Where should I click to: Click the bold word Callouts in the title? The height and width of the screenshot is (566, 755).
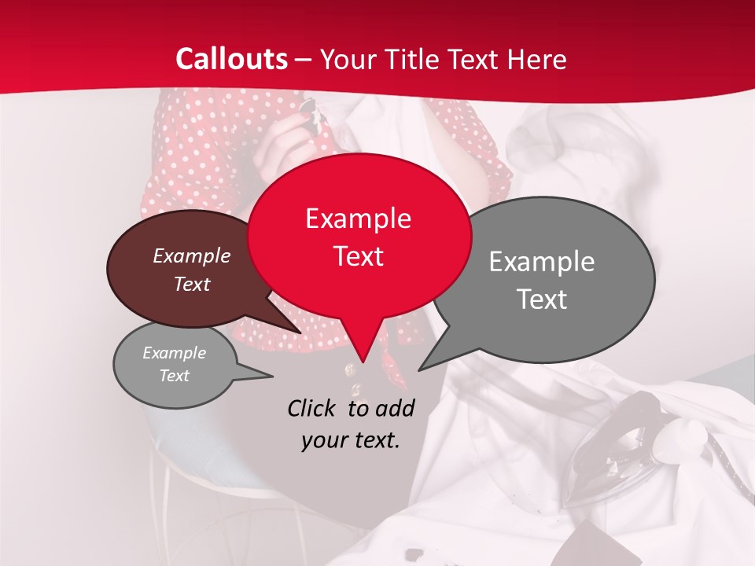[231, 59]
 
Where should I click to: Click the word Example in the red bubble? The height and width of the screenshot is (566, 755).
[358, 219]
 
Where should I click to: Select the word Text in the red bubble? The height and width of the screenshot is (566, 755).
[358, 256]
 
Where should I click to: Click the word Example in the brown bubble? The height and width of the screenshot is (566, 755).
[192, 255]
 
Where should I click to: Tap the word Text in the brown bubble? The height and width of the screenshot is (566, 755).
[192, 285]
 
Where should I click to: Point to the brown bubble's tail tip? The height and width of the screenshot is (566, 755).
[300, 333]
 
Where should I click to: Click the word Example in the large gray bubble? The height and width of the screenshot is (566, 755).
[542, 262]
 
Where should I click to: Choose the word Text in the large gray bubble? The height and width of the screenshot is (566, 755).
[542, 300]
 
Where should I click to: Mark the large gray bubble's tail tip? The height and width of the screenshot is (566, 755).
[419, 369]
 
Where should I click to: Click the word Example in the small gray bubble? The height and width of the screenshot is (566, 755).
[174, 353]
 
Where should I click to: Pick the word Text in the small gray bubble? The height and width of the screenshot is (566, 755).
[174, 376]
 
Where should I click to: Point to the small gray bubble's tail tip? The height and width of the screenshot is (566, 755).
[272, 377]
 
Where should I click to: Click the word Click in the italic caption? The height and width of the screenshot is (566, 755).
[313, 408]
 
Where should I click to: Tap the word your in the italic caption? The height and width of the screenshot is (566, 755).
[324, 440]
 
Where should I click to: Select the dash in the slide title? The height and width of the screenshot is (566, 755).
[304, 60]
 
